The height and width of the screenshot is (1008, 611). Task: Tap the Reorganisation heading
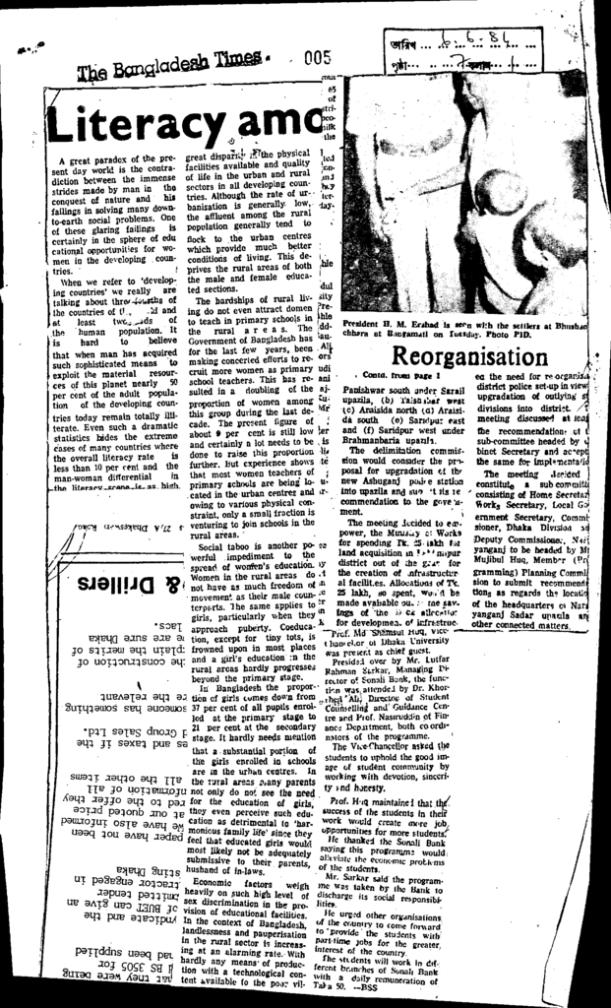464,354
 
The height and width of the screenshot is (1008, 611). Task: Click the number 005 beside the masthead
317,58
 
